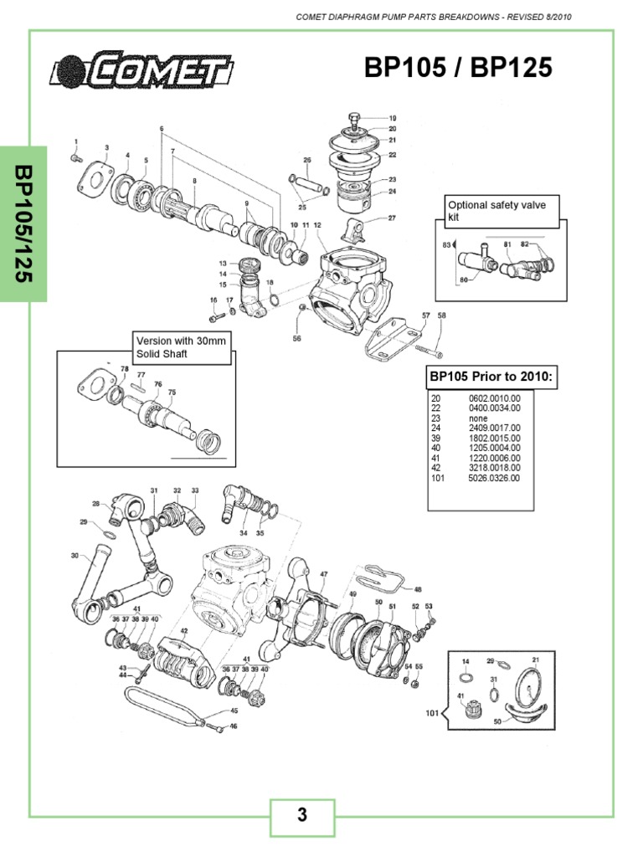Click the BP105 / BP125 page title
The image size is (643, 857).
(458, 68)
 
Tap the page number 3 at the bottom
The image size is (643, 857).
(301, 815)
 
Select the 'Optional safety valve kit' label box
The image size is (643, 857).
(501, 211)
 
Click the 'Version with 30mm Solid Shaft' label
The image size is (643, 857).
(180, 347)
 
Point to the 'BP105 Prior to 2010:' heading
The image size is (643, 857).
(490, 377)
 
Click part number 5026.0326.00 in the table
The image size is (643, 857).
(494, 478)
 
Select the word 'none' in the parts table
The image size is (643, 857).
(480, 418)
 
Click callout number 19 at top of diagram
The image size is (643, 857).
(393, 118)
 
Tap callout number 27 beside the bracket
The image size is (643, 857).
(391, 218)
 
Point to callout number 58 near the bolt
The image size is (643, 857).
(442, 316)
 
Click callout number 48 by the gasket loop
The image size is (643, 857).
(419, 588)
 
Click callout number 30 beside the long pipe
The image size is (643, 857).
(75, 555)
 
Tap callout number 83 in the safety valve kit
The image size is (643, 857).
(446, 245)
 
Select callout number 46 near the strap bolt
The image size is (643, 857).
(234, 726)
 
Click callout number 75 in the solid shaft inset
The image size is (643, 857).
(172, 392)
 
